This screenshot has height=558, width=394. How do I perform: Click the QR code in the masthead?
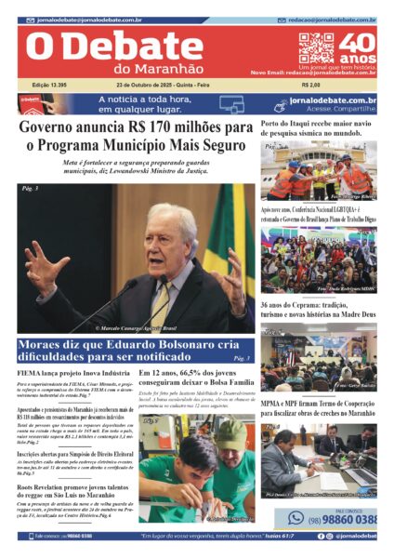(x=316, y=47)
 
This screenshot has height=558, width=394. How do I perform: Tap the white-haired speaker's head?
(x=171, y=229)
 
